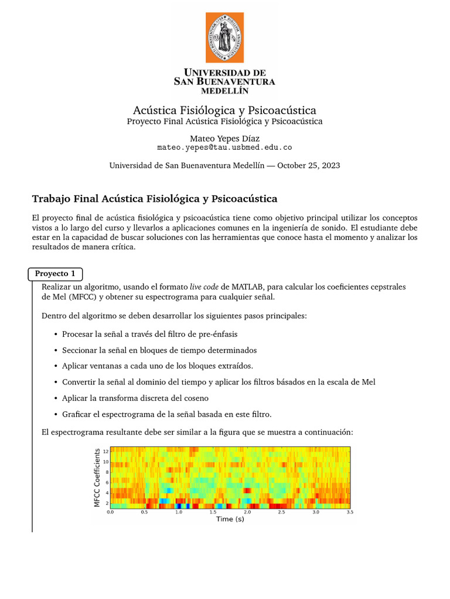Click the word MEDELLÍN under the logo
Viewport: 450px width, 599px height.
[x=224, y=91]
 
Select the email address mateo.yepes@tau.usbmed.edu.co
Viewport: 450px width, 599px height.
[x=224, y=148]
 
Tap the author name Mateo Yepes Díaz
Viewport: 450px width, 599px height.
[x=224, y=138]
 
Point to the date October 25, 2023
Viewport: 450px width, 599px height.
[x=308, y=166]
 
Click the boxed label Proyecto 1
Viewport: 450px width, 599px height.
[x=55, y=274]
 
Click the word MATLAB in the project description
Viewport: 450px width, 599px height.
[x=247, y=287]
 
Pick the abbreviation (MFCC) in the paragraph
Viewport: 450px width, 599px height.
[x=80, y=297]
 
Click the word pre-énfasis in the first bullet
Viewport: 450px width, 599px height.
[x=217, y=334]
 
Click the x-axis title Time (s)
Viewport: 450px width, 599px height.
[x=230, y=519]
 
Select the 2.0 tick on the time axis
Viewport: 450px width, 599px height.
[x=247, y=511]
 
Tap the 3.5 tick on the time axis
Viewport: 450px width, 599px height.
[x=350, y=511]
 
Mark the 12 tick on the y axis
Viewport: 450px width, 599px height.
[x=105, y=452]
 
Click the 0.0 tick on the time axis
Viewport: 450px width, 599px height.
[x=110, y=511]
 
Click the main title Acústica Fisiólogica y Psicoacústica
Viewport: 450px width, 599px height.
[x=224, y=111]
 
